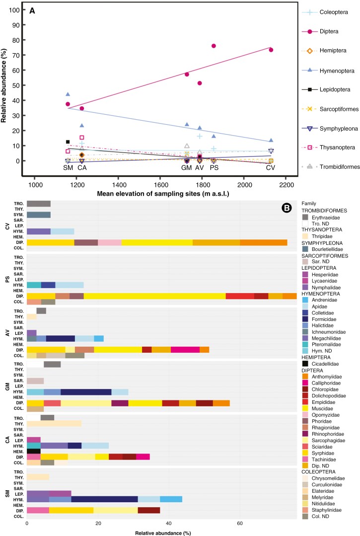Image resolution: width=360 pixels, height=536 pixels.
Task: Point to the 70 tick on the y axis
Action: point(16,55)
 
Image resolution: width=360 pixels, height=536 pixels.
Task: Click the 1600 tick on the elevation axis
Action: point(161,185)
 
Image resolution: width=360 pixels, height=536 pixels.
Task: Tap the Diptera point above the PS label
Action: point(214,46)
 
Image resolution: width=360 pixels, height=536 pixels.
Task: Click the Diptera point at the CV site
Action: point(271,50)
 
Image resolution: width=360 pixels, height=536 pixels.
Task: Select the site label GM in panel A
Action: point(187,167)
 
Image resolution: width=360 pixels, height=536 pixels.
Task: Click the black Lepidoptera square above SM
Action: point(68,142)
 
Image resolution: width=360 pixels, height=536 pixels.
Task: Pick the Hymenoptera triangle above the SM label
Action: point(68,94)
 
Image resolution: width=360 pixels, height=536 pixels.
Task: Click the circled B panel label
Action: point(286,208)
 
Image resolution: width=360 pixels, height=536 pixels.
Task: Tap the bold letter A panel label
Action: point(32,11)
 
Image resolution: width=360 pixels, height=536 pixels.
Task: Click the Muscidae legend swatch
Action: point(305,408)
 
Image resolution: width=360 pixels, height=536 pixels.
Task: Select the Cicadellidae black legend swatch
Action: point(305,364)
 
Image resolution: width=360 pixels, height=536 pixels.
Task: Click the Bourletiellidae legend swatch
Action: point(305,249)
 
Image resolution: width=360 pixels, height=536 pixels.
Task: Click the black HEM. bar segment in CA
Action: point(34,452)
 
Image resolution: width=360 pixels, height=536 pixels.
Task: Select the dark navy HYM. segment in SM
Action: point(104,500)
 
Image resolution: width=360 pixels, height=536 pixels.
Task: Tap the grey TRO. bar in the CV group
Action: point(39,204)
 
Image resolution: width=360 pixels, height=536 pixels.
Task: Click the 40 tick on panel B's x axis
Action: point(169,524)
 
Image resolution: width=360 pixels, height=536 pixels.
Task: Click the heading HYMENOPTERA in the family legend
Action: point(320,294)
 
